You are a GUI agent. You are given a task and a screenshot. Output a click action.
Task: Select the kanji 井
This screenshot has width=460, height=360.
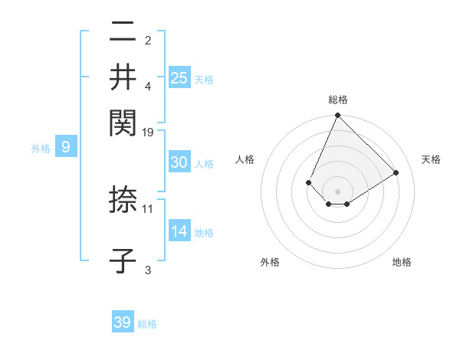pos(123,77)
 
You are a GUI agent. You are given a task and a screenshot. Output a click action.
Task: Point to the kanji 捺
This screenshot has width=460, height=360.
pos(123,200)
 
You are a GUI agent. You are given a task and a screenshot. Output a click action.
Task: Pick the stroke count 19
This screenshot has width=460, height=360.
pos(148,132)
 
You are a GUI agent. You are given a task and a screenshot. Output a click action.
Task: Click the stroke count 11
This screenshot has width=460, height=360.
pos(148,208)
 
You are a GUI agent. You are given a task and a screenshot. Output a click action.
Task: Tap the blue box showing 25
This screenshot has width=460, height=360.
pos(179,77)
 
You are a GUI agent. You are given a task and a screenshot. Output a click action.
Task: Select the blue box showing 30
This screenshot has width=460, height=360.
pos(179,162)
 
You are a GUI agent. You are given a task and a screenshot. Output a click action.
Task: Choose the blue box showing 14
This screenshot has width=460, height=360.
pos(179,231)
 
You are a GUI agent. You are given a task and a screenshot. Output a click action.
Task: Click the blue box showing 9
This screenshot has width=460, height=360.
pos(66,147)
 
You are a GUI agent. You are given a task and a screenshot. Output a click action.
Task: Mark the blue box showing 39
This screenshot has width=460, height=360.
pos(123,322)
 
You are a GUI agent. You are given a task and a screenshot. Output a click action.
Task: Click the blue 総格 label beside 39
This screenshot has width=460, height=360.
pos(147,324)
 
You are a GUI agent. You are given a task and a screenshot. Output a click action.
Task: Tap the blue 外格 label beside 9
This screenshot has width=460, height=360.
pos(41,149)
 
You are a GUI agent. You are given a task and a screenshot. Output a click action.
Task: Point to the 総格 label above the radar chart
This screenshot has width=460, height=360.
pos(337,100)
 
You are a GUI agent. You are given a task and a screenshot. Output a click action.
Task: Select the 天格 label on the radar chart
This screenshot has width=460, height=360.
pos(431,159)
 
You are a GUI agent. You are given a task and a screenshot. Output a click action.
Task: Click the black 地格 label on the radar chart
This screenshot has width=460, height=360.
pos(402,263)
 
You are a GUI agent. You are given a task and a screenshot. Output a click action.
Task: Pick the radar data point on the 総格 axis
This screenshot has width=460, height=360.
pos(337,116)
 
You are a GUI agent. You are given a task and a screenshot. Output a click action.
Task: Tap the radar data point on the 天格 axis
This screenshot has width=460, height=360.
pos(396,172)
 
